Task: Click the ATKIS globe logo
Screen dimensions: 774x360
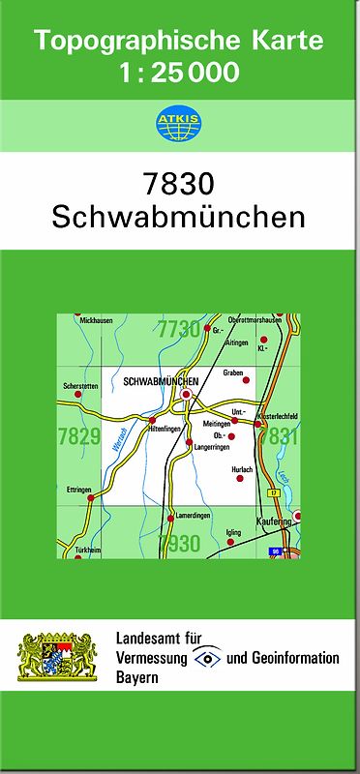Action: (180, 122)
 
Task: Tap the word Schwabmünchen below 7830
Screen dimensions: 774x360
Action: (180, 217)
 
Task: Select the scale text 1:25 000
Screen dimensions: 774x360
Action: (180, 72)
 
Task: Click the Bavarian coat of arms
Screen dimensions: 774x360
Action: (59, 658)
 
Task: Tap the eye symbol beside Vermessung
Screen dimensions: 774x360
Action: (207, 658)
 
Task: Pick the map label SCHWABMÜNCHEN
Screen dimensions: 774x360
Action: (161, 382)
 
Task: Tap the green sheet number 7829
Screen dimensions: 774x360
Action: (79, 436)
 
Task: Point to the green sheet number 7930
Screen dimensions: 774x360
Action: (179, 544)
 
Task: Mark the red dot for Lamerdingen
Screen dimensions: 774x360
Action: (170, 518)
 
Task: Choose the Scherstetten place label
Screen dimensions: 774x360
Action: (80, 386)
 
